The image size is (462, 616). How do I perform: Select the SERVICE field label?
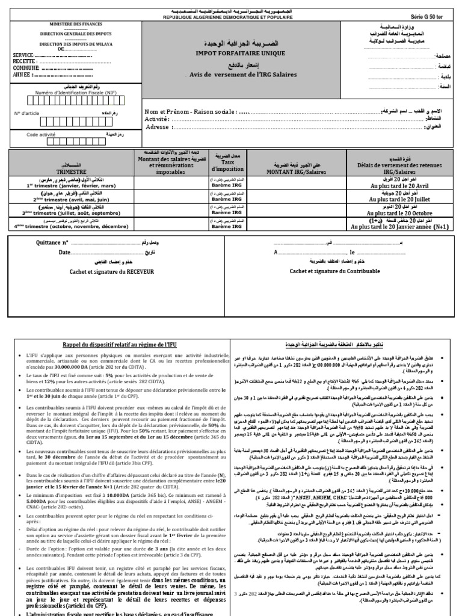pyautogui.click(x=23, y=55)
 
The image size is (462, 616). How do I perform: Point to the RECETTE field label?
pyautogui.click(x=25, y=61)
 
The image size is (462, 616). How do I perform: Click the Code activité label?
pyautogui.click(x=40, y=135)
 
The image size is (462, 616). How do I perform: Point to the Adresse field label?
pyautogui.click(x=158, y=127)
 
